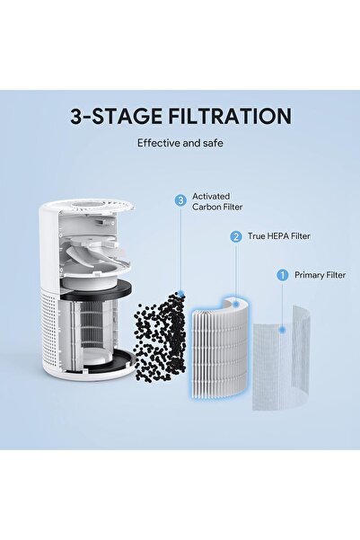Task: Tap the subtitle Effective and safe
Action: coord(180,142)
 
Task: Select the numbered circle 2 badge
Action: coord(235,237)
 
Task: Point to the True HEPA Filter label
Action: coord(273,237)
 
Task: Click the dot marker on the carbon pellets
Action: coord(180,294)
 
